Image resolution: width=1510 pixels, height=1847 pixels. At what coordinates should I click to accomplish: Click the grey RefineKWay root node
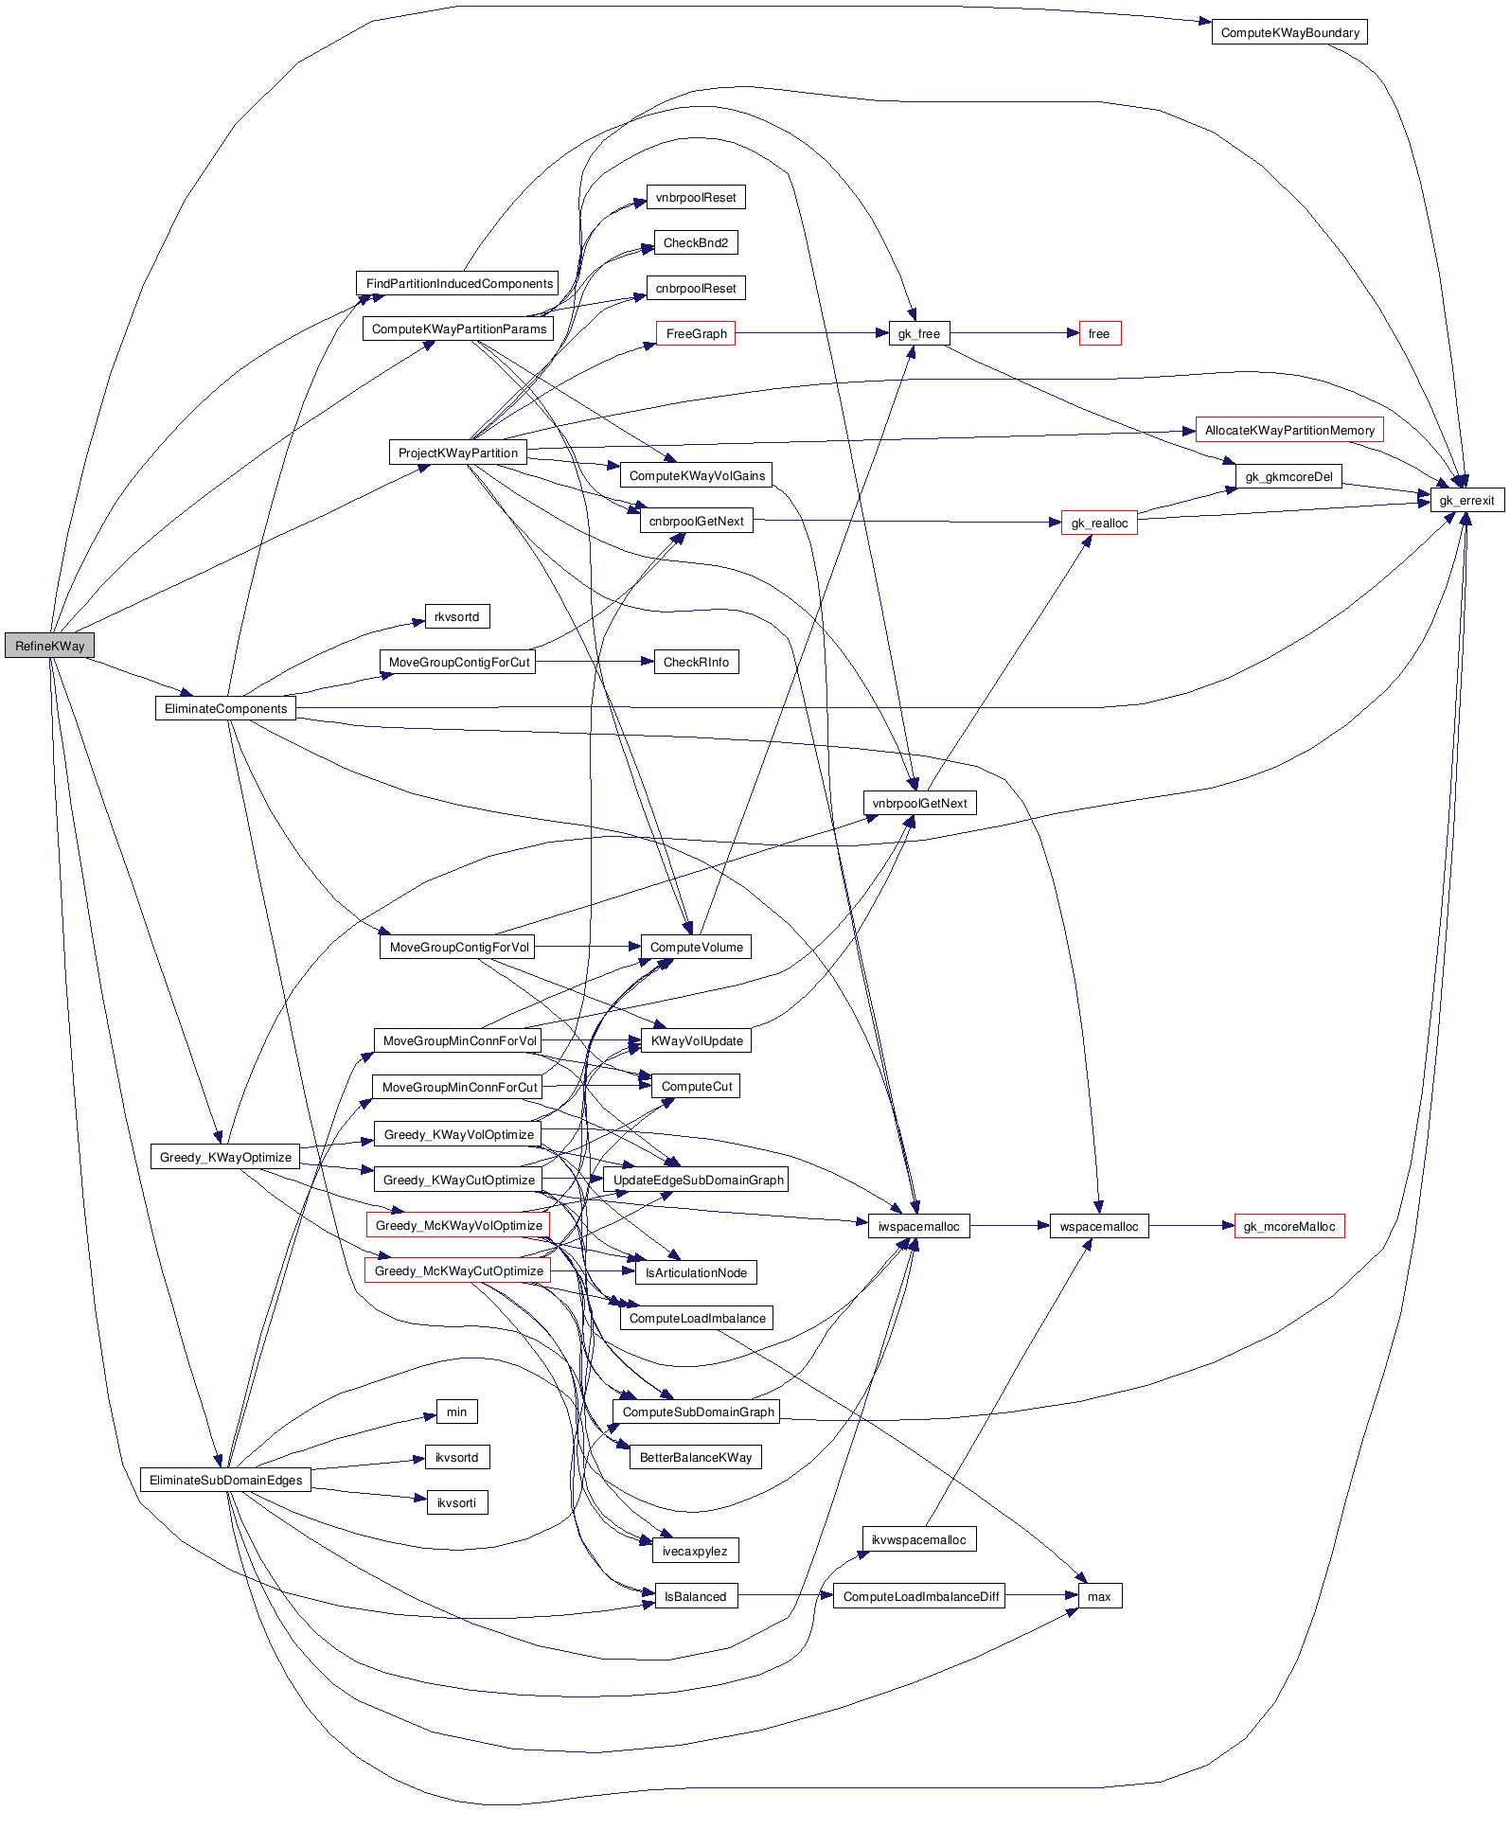(x=49, y=646)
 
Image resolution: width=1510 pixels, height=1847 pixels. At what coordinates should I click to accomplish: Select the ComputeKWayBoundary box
(x=1288, y=32)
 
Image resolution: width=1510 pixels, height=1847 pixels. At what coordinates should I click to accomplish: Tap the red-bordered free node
(x=1099, y=333)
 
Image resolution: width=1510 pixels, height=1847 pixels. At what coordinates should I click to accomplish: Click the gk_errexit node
(x=1466, y=500)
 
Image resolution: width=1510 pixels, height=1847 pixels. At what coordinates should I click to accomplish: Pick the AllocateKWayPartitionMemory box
(x=1288, y=430)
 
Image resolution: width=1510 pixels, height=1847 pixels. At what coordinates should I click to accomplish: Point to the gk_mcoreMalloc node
(x=1288, y=1226)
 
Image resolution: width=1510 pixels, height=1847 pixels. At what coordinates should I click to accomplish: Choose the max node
(x=1099, y=1596)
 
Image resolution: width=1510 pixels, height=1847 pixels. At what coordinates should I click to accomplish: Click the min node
(x=456, y=1412)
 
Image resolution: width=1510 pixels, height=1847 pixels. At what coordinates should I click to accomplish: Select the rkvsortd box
(x=456, y=616)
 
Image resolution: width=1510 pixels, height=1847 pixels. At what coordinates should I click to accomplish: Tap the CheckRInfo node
(x=696, y=662)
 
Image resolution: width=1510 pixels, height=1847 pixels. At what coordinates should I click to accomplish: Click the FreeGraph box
(x=696, y=333)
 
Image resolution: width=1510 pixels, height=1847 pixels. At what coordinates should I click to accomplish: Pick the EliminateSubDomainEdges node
(x=225, y=1480)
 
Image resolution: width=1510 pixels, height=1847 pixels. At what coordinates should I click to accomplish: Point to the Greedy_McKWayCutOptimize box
(x=457, y=1270)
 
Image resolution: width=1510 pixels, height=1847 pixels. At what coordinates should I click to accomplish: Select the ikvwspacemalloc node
(x=918, y=1539)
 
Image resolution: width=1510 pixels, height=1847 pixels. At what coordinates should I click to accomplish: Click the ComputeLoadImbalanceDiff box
(x=920, y=1596)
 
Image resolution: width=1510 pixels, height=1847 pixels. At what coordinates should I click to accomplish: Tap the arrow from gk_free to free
(x=1013, y=333)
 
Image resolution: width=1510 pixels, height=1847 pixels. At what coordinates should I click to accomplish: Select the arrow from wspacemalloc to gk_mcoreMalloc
(x=1191, y=1226)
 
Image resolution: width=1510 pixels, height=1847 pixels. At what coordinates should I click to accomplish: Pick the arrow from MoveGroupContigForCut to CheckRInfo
(x=594, y=662)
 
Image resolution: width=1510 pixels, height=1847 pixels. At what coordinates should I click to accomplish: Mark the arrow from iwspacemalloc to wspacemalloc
(x=1009, y=1226)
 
